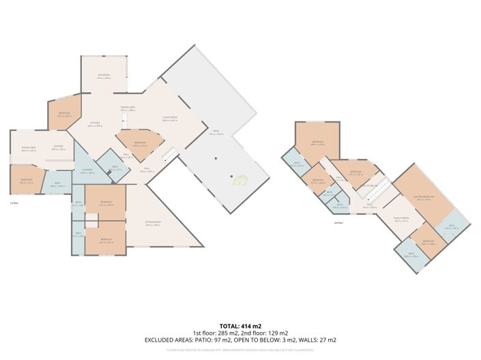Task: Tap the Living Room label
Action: click(170, 117)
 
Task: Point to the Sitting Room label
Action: click(153, 223)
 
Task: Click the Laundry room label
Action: click(87, 170)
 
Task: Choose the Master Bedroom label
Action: click(423, 197)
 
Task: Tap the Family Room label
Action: click(400, 218)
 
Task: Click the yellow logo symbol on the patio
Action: click(239, 181)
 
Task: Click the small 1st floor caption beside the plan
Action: click(14, 203)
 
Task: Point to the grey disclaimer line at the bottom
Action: click(240, 350)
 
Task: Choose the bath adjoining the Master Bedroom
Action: click(455, 228)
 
